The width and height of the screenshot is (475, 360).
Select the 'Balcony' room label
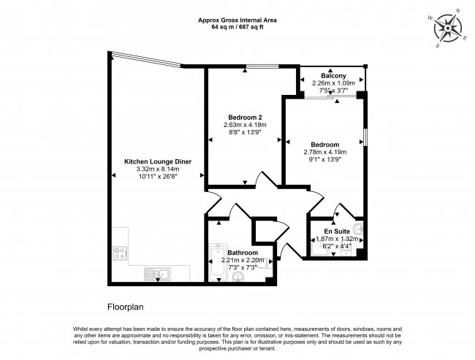click(333, 75)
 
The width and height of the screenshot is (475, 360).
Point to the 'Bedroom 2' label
click(245, 118)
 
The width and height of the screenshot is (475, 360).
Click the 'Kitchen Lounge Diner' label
click(158, 161)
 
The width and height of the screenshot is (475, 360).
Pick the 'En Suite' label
click(337, 231)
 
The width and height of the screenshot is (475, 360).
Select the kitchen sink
click(159, 274)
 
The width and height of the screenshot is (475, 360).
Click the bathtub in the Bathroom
click(216, 263)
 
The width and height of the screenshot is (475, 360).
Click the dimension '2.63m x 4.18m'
click(245, 125)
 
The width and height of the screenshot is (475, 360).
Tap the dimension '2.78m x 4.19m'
click(325, 152)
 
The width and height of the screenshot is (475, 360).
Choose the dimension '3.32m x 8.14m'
click(158, 169)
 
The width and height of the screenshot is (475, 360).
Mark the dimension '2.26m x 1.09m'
click(333, 83)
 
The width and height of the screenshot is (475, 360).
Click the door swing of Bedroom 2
click(257, 180)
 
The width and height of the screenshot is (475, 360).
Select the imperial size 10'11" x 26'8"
click(158, 176)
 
